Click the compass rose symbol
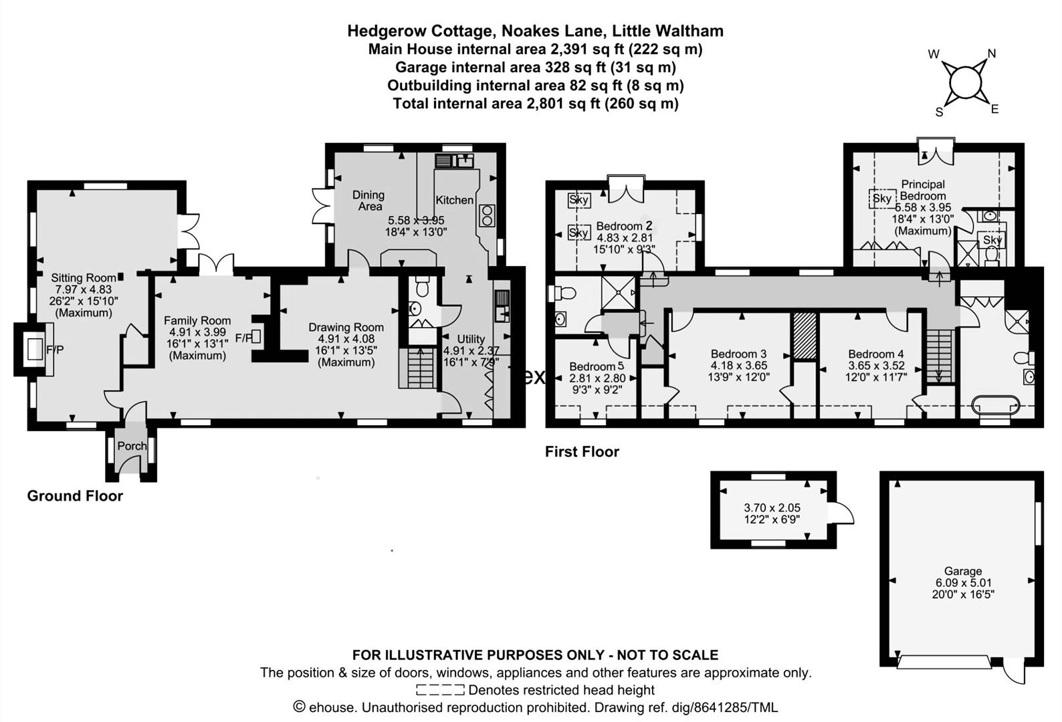point(964,82)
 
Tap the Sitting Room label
point(84,277)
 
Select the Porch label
point(132,446)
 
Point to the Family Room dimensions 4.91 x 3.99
point(197,332)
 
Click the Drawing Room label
point(346,328)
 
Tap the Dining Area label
point(368,201)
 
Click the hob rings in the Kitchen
point(486,215)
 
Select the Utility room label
point(471,339)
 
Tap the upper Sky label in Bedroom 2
point(578,200)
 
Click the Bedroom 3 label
point(738,354)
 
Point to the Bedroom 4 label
point(875,354)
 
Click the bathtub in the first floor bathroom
point(996,404)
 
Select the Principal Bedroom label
point(923,190)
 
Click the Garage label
point(962,571)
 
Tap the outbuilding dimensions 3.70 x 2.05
point(772,508)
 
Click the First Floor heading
point(582,452)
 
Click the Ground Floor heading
point(75,496)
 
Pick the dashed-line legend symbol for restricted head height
point(439,690)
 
